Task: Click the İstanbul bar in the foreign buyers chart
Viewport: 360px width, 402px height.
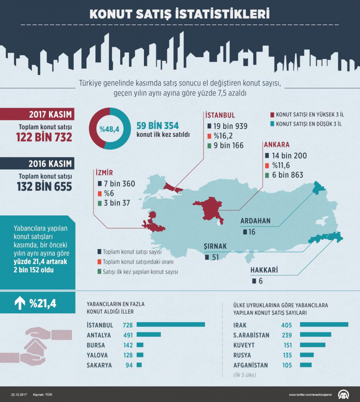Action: (170, 325)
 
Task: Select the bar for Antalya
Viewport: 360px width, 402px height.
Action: (149, 335)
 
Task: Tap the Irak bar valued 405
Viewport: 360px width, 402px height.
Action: (324, 325)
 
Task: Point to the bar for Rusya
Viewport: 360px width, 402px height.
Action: (307, 355)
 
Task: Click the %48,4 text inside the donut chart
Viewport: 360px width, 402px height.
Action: (110, 129)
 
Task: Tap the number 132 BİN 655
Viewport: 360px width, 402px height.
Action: (45, 187)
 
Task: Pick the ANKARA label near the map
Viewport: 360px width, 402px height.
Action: (277, 145)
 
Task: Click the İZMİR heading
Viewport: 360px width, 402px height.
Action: (104, 173)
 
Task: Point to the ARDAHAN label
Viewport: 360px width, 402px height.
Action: (255, 221)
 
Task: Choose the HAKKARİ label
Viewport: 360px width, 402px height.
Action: (264, 270)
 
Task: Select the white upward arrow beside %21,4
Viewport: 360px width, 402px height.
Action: (20, 303)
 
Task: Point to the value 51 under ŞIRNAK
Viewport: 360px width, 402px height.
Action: (215, 257)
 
